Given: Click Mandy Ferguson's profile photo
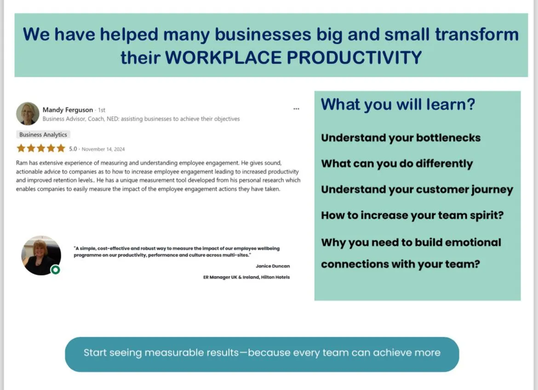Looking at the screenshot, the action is pos(28,114).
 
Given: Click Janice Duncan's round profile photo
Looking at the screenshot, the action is pos(41,255).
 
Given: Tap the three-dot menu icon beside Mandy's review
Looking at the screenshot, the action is pos(297,109).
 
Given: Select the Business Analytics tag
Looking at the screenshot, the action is pos(43,135).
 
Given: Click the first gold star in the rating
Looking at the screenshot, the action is pos(21,148).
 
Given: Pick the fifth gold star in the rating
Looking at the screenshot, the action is pos(61,148).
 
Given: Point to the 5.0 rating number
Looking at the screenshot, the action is pos(73,149).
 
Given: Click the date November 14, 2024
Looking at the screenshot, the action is pos(103,149).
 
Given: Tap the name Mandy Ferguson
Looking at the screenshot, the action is pos(68,110).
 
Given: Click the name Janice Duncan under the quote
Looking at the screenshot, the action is pos(273,266).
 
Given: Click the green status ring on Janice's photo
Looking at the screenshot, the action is pos(56,270).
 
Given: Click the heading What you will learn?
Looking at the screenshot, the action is pos(398,105).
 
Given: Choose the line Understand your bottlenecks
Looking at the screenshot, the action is pos(401,138).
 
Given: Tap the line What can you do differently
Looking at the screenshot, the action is pos(397,164).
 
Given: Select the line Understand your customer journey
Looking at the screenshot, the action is pos(417,189).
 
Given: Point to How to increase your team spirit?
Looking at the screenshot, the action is pos(412,215).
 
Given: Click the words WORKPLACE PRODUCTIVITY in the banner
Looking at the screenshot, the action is pos(293,57).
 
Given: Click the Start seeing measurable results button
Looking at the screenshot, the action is pos(262,354).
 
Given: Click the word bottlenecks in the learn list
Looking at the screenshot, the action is pos(448,138).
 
